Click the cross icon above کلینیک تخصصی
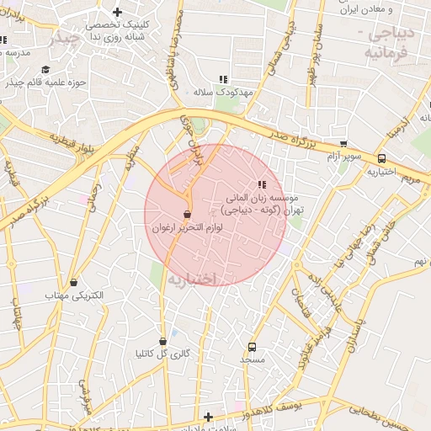tap(117, 13)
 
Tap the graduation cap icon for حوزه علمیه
tap(45, 70)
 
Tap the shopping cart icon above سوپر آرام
tap(343, 144)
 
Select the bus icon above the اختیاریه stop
tap(382, 157)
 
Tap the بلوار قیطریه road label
tap(72, 144)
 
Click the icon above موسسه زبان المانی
tap(262, 184)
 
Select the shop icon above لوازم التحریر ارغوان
tap(187, 215)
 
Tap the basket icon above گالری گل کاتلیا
tap(162, 341)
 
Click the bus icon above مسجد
tap(252, 347)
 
